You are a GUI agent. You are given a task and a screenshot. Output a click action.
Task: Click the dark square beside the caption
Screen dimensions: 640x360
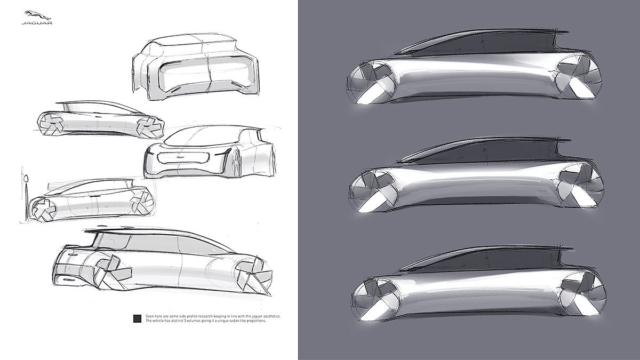point(137,319)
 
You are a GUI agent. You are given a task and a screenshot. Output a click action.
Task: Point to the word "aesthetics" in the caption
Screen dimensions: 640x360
point(269,316)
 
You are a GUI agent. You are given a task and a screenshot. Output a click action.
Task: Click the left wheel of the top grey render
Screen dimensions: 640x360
point(371,85)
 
